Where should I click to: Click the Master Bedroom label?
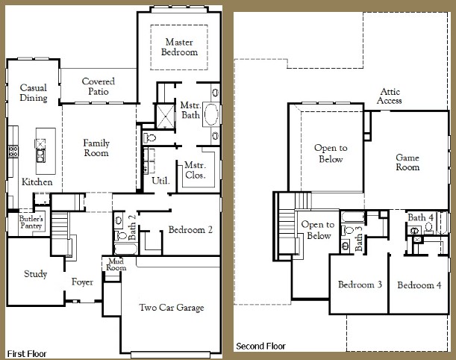(x=181, y=47)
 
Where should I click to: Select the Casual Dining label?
(x=33, y=93)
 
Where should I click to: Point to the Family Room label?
(x=96, y=148)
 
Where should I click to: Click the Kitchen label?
(x=37, y=182)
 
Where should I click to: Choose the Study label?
(x=35, y=274)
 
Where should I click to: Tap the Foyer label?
(x=82, y=282)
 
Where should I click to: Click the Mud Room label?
(x=114, y=265)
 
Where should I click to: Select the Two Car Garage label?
(x=172, y=308)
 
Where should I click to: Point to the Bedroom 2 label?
(x=191, y=230)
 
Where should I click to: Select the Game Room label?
(x=407, y=162)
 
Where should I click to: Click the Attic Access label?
(x=390, y=96)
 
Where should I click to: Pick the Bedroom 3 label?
(x=360, y=285)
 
